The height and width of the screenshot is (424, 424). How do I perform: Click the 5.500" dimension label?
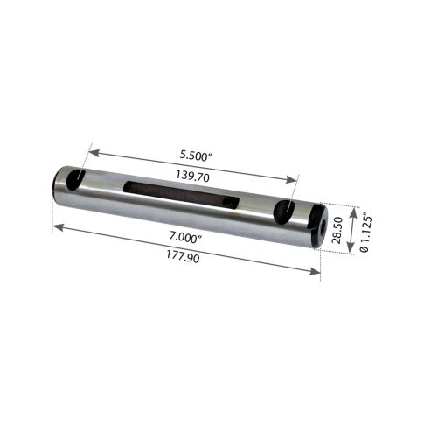tap(196, 155)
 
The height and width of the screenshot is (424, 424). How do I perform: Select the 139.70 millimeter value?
tap(192, 176)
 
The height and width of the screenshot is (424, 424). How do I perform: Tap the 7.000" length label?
tap(186, 238)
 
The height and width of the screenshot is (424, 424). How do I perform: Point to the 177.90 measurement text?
tap(183, 257)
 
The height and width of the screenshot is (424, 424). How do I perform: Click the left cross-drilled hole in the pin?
tap(75, 180)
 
